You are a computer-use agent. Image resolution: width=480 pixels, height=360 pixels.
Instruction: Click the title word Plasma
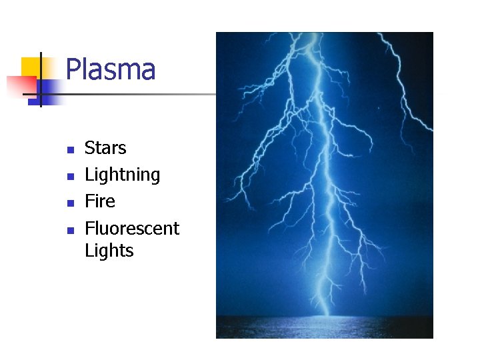coord(111,70)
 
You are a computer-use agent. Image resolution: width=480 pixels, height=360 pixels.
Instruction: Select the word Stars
coord(105,148)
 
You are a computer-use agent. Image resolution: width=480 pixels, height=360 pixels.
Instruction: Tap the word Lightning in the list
coord(123,175)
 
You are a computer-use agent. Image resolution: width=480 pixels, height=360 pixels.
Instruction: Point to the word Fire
coord(100,201)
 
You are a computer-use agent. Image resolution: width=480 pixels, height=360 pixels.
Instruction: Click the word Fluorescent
coord(132,228)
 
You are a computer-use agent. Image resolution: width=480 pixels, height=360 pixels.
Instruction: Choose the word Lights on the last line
coord(109,251)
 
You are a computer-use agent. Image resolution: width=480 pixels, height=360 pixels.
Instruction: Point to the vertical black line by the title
coord(40,80)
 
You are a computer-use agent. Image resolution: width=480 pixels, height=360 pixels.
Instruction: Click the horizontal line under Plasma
coord(133,94)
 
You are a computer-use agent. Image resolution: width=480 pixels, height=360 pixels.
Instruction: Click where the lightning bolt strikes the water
coord(324,314)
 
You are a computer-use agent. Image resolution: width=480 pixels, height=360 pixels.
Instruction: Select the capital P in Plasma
coord(73,70)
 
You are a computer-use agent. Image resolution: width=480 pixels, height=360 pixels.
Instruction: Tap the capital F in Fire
coord(89,201)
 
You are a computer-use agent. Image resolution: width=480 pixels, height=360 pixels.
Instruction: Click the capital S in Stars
coord(90,148)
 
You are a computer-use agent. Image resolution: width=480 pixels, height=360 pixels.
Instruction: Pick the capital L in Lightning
coord(89,175)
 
